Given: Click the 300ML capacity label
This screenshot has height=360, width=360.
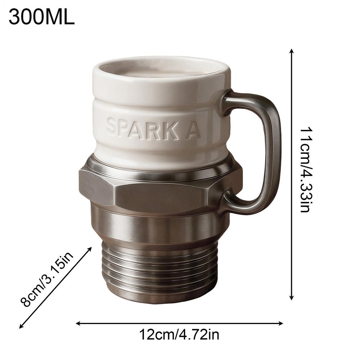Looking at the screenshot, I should point(41,17).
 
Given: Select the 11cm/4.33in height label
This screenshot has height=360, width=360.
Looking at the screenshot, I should point(306,169).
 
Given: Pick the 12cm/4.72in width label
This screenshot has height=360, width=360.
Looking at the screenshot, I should point(179,335).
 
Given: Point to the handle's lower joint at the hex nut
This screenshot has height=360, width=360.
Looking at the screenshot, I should point(230,202).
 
